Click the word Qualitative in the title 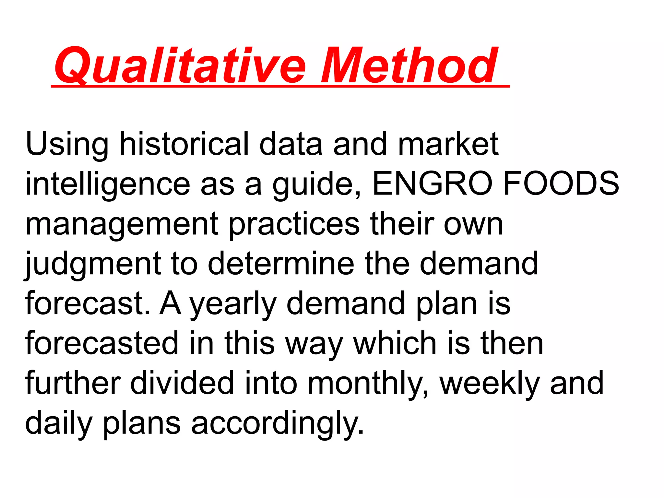point(180,66)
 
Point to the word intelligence point(107,184)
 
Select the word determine point(281,263)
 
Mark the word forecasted point(102,343)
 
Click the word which point(395,343)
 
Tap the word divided point(182,383)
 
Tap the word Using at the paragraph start point(67,144)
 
